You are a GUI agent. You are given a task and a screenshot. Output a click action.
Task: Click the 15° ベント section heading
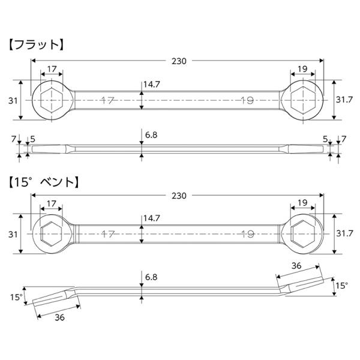tap(43, 180)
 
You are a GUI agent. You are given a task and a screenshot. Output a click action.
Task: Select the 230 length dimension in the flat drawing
tap(179, 61)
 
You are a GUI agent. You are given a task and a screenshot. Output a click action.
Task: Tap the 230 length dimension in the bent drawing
tap(179, 196)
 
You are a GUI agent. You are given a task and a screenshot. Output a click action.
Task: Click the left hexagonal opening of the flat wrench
tap(51, 100)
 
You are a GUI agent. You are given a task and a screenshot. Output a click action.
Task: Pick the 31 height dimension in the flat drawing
tap(13, 100)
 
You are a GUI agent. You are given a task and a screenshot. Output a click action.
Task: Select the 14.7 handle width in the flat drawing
tap(152, 85)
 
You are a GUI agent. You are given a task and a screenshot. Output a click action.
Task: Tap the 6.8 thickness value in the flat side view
tap(151, 136)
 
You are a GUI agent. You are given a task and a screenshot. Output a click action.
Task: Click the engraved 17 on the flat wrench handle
tap(107, 101)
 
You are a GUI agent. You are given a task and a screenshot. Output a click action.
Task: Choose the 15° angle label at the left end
tap(16, 296)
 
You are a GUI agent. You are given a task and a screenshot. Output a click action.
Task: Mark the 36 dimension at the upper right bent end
tap(296, 265)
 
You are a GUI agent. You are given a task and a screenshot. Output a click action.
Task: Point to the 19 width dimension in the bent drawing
tap(302, 203)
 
